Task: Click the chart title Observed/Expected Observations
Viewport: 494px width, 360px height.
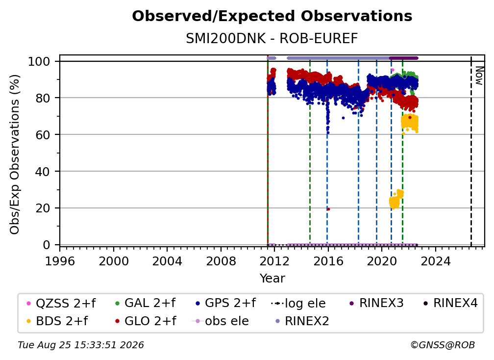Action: click(x=272, y=16)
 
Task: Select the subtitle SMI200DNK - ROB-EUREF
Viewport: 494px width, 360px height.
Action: click(x=272, y=39)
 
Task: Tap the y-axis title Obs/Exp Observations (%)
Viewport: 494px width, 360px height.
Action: click(x=15, y=154)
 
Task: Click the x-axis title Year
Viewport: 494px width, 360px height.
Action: click(x=272, y=279)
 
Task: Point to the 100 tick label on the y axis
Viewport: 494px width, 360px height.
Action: click(x=39, y=61)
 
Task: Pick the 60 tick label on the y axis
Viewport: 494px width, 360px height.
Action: click(x=43, y=134)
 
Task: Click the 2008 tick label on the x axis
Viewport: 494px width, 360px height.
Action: click(x=221, y=261)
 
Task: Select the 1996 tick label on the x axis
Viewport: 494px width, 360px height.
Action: click(x=60, y=261)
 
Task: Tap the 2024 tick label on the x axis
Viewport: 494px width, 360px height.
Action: click(x=435, y=261)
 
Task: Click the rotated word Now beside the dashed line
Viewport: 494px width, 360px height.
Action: click(x=479, y=76)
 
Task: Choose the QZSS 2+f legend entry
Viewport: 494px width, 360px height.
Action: click(x=61, y=303)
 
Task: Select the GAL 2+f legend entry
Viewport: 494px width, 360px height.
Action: click(x=145, y=303)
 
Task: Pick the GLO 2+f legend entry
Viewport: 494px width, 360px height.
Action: click(x=146, y=321)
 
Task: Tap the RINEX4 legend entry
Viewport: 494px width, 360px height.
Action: click(x=450, y=303)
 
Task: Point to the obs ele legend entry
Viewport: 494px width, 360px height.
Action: click(x=220, y=321)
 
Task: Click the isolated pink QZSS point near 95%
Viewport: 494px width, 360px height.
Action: click(x=393, y=70)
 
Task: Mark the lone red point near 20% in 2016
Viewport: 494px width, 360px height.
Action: click(x=328, y=209)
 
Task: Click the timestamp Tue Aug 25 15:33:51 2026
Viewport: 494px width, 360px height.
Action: click(x=81, y=345)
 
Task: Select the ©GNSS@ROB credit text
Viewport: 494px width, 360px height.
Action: click(x=443, y=345)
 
